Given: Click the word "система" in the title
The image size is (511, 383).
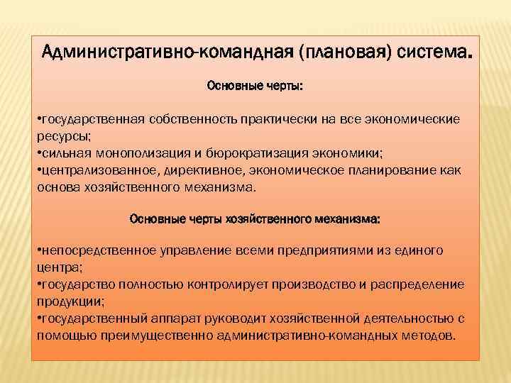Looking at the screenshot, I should pos(432,52).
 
